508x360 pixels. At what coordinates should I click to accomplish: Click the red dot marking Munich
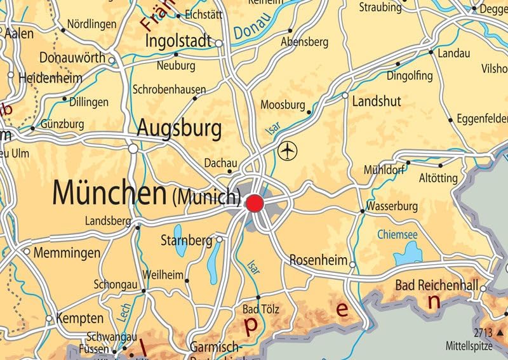(x=255, y=203)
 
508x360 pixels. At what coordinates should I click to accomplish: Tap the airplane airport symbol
(x=288, y=151)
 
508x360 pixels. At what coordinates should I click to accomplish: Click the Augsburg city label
(x=180, y=129)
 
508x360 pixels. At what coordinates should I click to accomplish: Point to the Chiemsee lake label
(x=398, y=235)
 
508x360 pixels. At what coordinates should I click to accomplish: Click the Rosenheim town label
(x=318, y=260)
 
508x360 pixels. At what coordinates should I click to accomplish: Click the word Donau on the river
(x=251, y=29)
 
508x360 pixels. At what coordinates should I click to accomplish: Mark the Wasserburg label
(x=392, y=206)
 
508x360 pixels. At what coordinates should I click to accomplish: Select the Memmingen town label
(x=67, y=253)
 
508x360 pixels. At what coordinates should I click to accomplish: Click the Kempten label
(x=79, y=317)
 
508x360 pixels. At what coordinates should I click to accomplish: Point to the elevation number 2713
(x=484, y=332)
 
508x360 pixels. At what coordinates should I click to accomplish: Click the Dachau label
(x=220, y=163)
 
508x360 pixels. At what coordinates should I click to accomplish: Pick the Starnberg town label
(x=186, y=241)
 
